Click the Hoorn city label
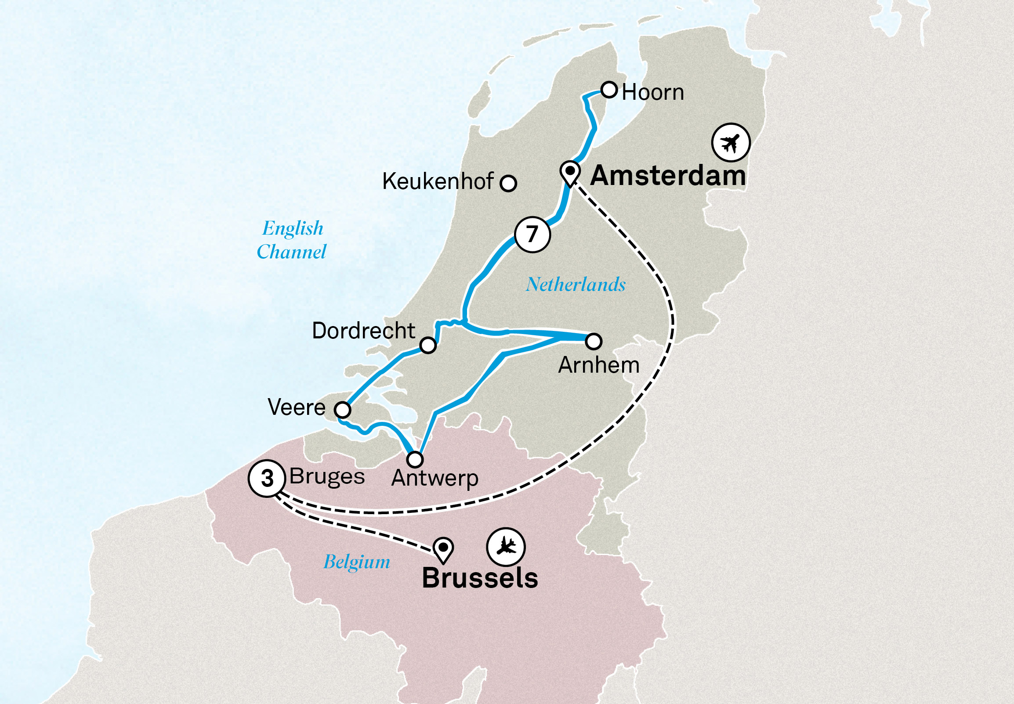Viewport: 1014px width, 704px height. (x=652, y=93)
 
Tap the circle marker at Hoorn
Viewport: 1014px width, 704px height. (x=609, y=90)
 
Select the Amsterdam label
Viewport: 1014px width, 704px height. (x=668, y=175)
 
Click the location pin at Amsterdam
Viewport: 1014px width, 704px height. (x=570, y=172)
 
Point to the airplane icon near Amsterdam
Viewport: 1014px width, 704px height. (x=731, y=142)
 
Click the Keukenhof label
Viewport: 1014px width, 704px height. (x=437, y=181)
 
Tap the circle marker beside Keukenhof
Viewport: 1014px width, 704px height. (x=508, y=183)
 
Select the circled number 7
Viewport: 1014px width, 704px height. (x=532, y=234)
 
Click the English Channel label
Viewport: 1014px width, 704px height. (x=292, y=240)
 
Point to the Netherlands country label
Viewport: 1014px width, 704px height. (x=576, y=284)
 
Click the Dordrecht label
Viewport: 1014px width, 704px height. (x=363, y=331)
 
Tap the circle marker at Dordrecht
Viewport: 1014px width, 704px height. (x=427, y=345)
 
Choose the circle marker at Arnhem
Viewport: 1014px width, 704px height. (x=594, y=341)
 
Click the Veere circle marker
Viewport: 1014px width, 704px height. (x=343, y=410)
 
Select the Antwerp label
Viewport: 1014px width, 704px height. (x=435, y=478)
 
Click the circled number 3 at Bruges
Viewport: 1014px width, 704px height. (x=267, y=478)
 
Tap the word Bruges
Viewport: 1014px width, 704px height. (x=327, y=477)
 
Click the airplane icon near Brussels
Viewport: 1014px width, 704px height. (x=506, y=547)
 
